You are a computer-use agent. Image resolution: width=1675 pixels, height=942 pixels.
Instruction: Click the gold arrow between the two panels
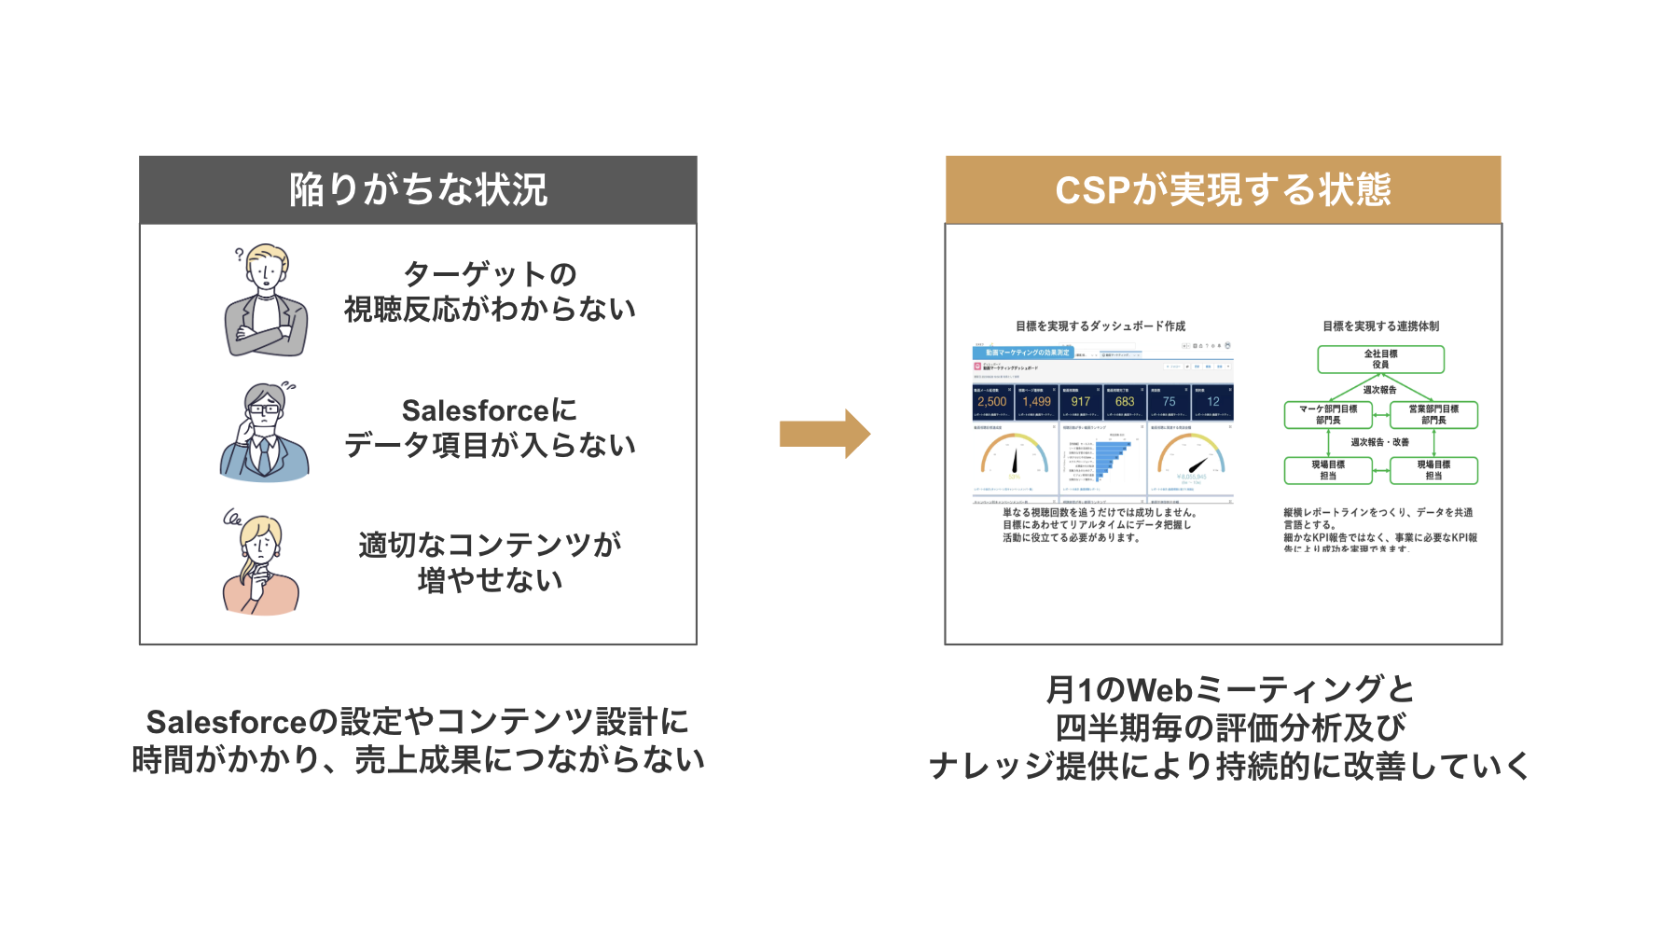click(x=824, y=434)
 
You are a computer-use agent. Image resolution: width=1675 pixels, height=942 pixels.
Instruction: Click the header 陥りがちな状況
click(x=418, y=190)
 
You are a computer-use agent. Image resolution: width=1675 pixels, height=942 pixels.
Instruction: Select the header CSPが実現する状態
click(x=1223, y=190)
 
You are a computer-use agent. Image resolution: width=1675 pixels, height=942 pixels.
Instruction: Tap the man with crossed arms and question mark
click(x=266, y=301)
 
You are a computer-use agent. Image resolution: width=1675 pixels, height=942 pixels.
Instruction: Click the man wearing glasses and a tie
click(x=265, y=434)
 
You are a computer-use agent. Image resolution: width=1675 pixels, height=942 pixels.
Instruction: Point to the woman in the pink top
click(x=260, y=566)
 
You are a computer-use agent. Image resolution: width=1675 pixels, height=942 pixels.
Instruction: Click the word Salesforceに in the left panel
click(x=489, y=410)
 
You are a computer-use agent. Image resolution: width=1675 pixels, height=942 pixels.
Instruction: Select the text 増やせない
click(x=490, y=580)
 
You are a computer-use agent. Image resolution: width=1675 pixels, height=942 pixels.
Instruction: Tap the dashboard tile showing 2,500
click(x=992, y=402)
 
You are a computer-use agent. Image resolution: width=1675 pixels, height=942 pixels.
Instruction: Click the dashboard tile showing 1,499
click(x=1036, y=402)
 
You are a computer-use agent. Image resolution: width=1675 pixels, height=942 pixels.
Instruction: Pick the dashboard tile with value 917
click(x=1080, y=402)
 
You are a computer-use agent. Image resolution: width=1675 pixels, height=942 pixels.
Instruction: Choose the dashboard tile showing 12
click(x=1212, y=402)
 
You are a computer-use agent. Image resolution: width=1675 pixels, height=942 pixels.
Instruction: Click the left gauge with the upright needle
click(x=1014, y=457)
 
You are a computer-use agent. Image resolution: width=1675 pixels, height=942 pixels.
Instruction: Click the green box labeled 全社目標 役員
click(x=1380, y=359)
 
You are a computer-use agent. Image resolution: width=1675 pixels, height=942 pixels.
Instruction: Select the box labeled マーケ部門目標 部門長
click(x=1328, y=414)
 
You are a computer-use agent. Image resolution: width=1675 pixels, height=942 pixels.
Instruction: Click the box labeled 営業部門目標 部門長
click(x=1433, y=414)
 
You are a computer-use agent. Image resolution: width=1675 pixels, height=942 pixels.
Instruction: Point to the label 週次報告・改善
click(x=1380, y=442)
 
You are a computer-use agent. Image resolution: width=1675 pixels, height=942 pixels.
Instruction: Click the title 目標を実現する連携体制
click(x=1380, y=326)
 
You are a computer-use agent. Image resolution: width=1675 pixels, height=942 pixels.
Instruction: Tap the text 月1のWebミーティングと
click(x=1229, y=690)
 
